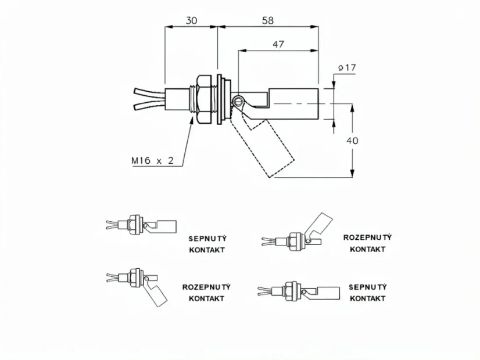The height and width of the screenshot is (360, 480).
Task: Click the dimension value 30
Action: click(x=191, y=20)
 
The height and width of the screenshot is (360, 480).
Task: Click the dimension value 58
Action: click(x=267, y=20)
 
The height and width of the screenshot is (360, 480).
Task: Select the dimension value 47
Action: click(x=278, y=44)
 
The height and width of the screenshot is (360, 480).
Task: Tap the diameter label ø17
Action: click(x=347, y=67)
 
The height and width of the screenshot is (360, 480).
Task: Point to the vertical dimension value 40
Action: click(x=352, y=141)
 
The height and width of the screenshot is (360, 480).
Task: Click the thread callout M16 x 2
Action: click(x=152, y=160)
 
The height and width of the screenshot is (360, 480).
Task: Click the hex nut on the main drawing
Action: click(x=205, y=100)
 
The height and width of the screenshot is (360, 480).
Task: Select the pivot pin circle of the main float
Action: click(x=237, y=100)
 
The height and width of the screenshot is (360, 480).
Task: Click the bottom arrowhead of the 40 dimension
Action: click(x=352, y=173)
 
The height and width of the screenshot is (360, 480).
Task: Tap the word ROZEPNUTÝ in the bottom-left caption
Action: click(x=206, y=287)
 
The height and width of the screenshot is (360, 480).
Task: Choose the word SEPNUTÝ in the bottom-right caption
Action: click(x=368, y=287)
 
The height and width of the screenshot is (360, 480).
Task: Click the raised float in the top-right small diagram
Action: click(x=320, y=225)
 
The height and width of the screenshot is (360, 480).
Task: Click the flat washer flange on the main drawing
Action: click(x=219, y=99)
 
